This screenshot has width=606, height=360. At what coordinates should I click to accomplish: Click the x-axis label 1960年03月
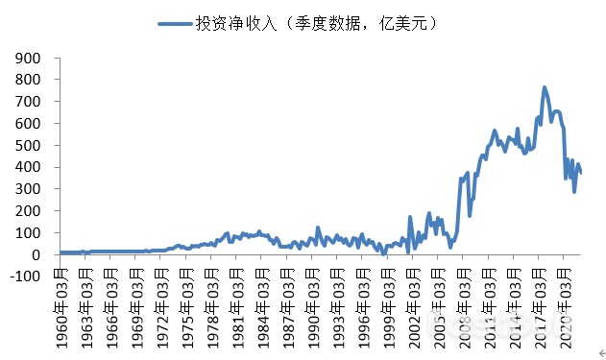point(63,306)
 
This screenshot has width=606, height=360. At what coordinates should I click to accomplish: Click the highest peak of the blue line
point(545,87)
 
